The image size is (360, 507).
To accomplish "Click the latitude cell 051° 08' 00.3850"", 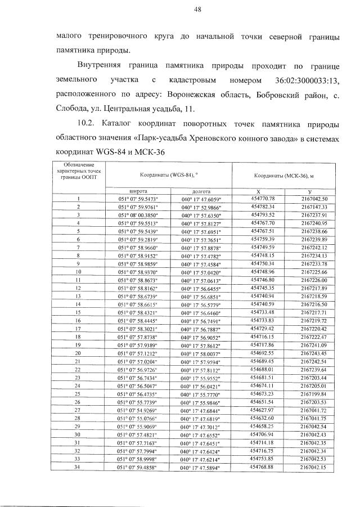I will pos(138,215).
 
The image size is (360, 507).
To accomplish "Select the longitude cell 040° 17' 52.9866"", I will pos(201,207).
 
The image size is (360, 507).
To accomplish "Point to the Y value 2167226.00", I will pos(313,280).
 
